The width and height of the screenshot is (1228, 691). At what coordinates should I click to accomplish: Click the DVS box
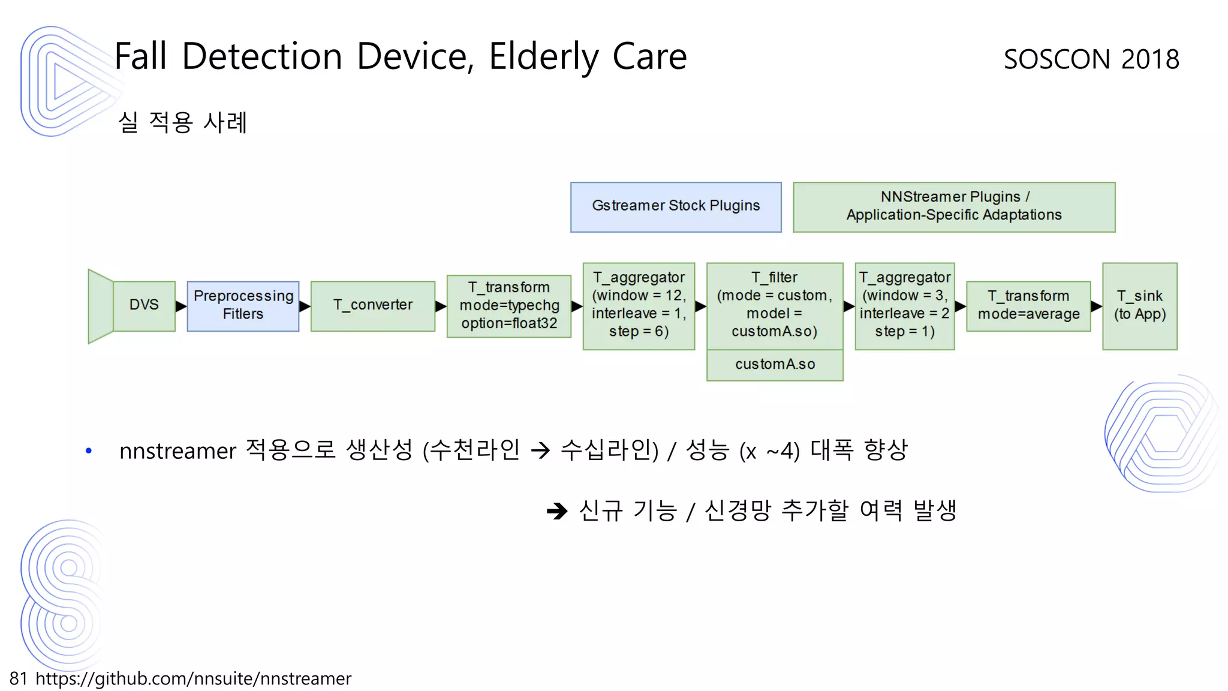pyautogui.click(x=144, y=305)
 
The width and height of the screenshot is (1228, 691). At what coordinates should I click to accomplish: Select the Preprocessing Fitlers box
pyautogui.click(x=243, y=306)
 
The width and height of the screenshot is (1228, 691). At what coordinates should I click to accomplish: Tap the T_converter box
pyautogui.click(x=373, y=306)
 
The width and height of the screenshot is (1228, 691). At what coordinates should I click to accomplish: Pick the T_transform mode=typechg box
pyautogui.click(x=509, y=306)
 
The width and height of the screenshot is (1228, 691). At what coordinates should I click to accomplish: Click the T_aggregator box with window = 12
pyautogui.click(x=639, y=306)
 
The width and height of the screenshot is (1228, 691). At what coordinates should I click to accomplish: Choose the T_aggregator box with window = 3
pyautogui.click(x=904, y=306)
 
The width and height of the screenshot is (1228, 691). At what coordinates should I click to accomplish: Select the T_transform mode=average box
pyautogui.click(x=1028, y=306)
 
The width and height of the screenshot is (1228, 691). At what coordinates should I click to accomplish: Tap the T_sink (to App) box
pyautogui.click(x=1139, y=306)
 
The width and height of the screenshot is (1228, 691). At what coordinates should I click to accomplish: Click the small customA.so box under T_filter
pyautogui.click(x=775, y=365)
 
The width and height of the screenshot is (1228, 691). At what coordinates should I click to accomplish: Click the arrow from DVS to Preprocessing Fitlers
pyautogui.click(x=181, y=307)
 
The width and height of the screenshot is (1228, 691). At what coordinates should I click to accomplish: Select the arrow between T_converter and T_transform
pyautogui.click(x=441, y=307)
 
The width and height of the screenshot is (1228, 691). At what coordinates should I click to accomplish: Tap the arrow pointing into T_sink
pyautogui.click(x=1096, y=307)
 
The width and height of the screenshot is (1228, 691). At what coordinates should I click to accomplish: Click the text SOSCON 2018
pyautogui.click(x=1091, y=59)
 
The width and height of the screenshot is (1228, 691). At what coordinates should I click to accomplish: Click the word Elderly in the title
pyautogui.click(x=543, y=57)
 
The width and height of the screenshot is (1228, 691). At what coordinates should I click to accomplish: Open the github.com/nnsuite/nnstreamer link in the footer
pyautogui.click(x=193, y=678)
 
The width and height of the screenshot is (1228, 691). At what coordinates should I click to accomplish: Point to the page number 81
pyautogui.click(x=19, y=678)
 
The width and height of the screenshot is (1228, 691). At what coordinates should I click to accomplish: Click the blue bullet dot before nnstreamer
pyautogui.click(x=89, y=450)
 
